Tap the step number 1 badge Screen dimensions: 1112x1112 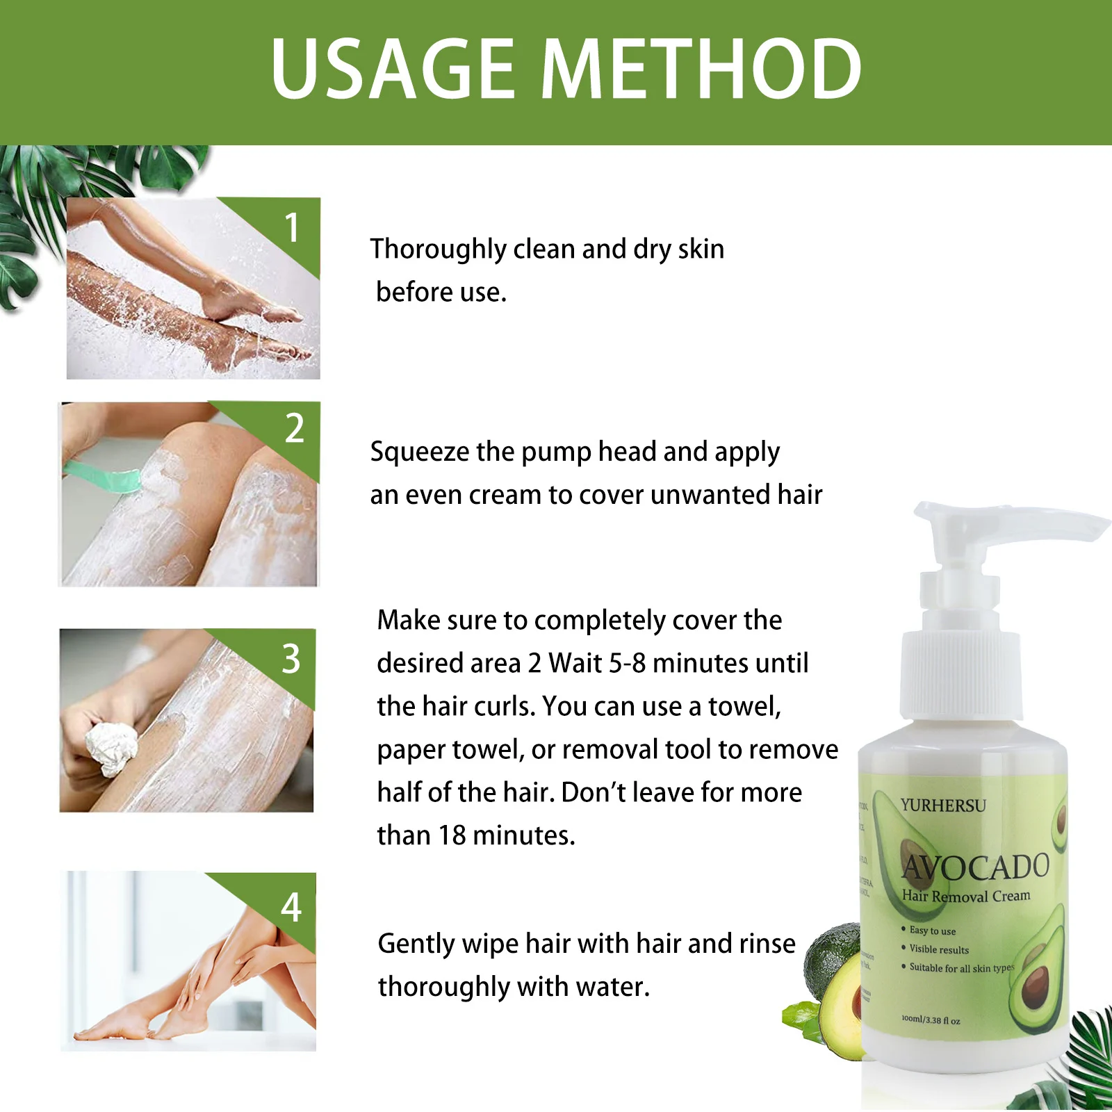(292, 228)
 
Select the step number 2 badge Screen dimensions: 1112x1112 (295, 428)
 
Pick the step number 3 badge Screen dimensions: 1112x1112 (291, 658)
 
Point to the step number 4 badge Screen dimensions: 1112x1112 (291, 907)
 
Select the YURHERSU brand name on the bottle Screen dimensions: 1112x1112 (943, 806)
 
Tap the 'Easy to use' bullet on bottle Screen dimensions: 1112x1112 (932, 931)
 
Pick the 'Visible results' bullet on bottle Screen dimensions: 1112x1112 (938, 949)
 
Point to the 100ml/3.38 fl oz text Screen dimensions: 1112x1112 (931, 1020)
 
